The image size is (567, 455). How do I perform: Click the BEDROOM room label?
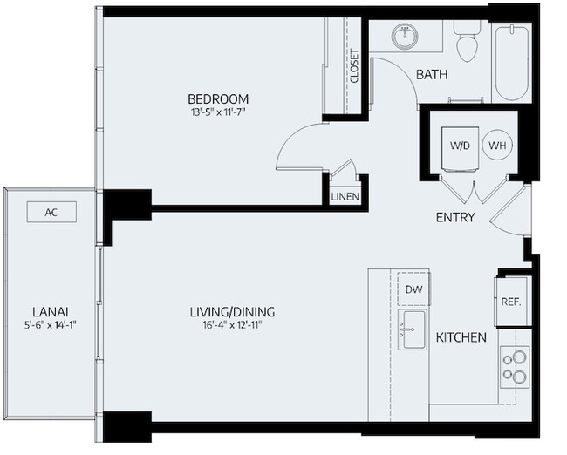(219, 98)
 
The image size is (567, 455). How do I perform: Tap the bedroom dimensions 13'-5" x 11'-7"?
(219, 113)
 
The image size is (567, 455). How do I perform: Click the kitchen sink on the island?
(410, 329)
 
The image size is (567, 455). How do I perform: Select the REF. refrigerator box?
(510, 302)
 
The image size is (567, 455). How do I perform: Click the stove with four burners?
(515, 367)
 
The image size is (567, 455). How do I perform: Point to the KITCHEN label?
(461, 336)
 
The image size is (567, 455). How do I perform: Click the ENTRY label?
(455, 217)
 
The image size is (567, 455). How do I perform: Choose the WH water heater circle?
(495, 146)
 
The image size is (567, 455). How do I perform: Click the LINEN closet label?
(345, 197)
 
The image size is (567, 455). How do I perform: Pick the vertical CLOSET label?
(354, 65)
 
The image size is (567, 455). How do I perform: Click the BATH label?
(431, 75)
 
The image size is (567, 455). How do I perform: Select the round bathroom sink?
(404, 37)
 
